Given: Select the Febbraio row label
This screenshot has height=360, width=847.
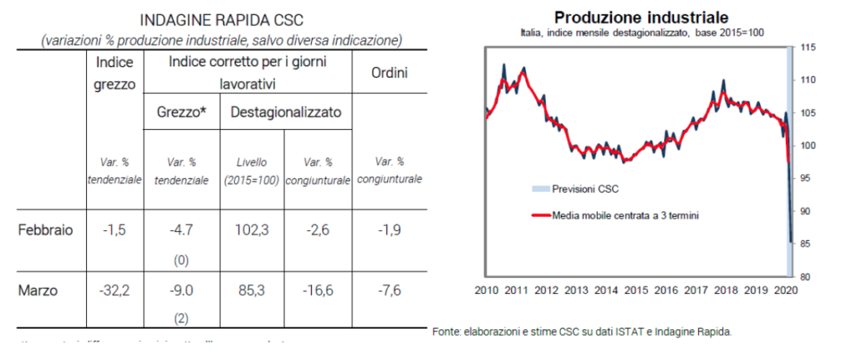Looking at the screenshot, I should point(45,230).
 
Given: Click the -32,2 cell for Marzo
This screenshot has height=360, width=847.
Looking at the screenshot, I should point(116,290).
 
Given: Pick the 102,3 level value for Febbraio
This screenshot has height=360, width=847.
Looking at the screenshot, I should point(251,230).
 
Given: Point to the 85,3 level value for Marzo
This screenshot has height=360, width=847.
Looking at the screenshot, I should point(251,290).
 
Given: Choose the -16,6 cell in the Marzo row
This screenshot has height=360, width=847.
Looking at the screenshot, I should point(318,290).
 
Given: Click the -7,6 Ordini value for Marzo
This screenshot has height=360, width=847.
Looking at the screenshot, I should point(388,290).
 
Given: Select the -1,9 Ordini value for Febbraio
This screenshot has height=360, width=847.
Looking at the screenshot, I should point(388,230).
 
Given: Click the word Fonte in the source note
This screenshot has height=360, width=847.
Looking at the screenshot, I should point(447,332).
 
